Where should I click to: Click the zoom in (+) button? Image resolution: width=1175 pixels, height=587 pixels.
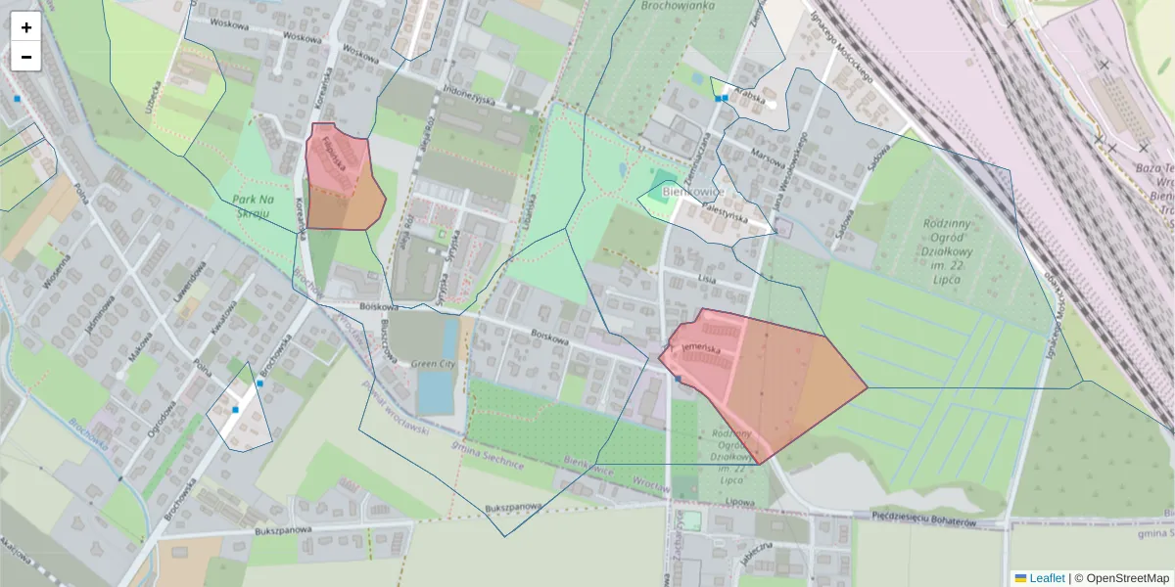(26, 27)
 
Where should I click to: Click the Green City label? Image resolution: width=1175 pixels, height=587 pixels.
(433, 364)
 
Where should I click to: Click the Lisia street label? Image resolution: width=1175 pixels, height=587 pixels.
(707, 278)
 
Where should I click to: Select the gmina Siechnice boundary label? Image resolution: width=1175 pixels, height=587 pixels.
(487, 456)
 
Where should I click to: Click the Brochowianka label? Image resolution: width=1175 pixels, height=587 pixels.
(678, 5)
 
